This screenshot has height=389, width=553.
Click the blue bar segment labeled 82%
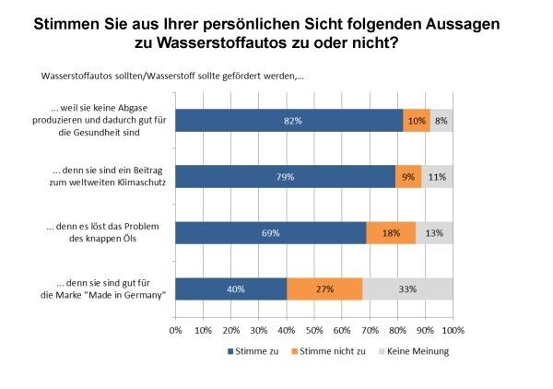(288, 121)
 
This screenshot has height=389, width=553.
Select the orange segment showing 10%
(417, 121)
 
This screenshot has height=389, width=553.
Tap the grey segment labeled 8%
(441, 121)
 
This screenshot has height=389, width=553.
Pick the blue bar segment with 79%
(285, 176)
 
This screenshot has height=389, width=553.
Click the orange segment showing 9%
(408, 176)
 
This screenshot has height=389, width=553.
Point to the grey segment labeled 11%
(437, 176)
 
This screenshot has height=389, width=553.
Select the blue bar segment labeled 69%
(271, 233)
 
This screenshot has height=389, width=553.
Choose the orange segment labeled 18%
(391, 233)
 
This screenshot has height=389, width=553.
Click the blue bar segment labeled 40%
(230, 289)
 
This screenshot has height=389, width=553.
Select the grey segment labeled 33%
(406, 289)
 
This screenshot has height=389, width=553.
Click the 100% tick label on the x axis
(453, 328)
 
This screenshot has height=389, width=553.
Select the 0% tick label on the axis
(175, 328)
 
